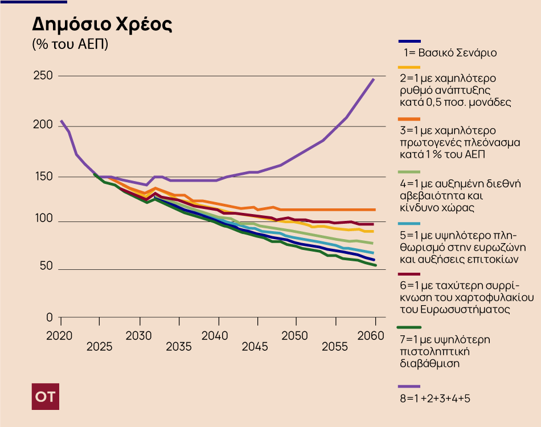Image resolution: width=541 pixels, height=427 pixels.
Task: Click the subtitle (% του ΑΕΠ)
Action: click(x=70, y=44)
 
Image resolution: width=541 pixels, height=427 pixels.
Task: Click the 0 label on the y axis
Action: click(x=50, y=317)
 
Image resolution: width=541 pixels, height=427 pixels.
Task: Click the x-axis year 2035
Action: click(x=179, y=347)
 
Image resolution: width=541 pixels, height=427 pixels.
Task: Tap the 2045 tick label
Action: click(x=255, y=347)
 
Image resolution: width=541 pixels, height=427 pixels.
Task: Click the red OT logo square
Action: click(x=45, y=397)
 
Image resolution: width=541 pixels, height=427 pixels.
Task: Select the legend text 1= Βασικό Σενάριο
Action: click(x=450, y=53)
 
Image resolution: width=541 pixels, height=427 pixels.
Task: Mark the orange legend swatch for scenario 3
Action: click(x=409, y=119)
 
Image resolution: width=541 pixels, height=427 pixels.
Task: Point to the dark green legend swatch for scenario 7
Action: click(x=409, y=327)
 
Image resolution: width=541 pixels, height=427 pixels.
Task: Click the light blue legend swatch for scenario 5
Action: click(x=409, y=224)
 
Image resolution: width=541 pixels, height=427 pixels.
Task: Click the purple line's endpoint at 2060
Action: click(x=374, y=79)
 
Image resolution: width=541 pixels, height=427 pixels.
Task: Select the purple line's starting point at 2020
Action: click(x=61, y=121)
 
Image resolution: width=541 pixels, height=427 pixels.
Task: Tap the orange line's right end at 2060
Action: click(x=374, y=210)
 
